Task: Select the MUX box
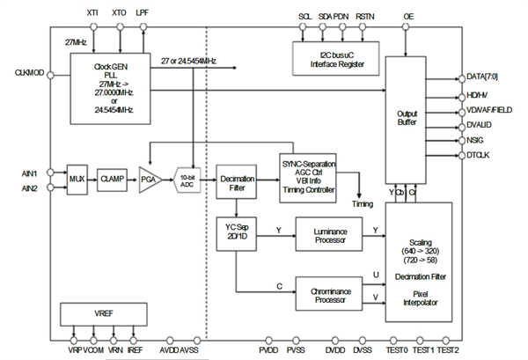coord(77,178)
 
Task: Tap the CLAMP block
coord(113,178)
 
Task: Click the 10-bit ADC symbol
coord(187,178)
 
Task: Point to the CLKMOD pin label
coord(32,72)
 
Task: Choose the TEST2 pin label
coord(449,350)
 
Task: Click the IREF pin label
coord(135,350)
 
